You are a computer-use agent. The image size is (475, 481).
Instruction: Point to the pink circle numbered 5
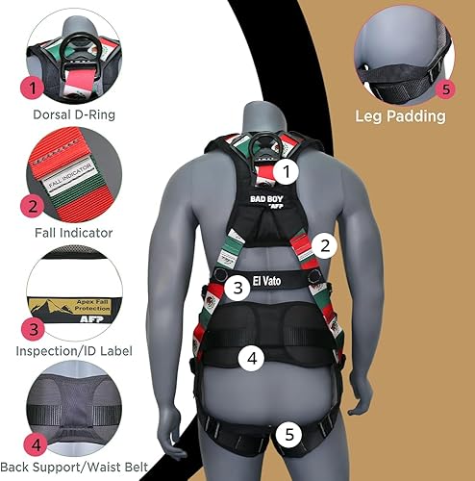click(445, 89)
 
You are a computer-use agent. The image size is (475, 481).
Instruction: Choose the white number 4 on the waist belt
click(251, 358)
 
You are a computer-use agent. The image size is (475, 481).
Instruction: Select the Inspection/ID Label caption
click(73, 351)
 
